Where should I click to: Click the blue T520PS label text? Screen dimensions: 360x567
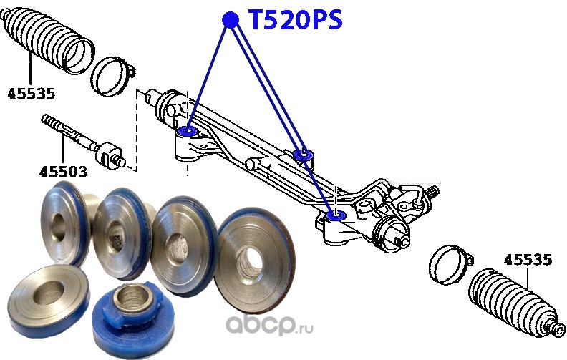294,21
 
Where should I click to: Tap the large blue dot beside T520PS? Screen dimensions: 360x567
230,20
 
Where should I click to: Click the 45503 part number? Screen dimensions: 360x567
63,172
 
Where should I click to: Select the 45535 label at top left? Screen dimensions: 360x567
31,93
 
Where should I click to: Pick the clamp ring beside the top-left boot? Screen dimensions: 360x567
115,75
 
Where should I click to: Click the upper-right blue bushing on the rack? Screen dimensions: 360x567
304,153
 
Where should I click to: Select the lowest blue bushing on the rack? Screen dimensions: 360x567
336,215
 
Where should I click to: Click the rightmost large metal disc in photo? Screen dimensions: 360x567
253,250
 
